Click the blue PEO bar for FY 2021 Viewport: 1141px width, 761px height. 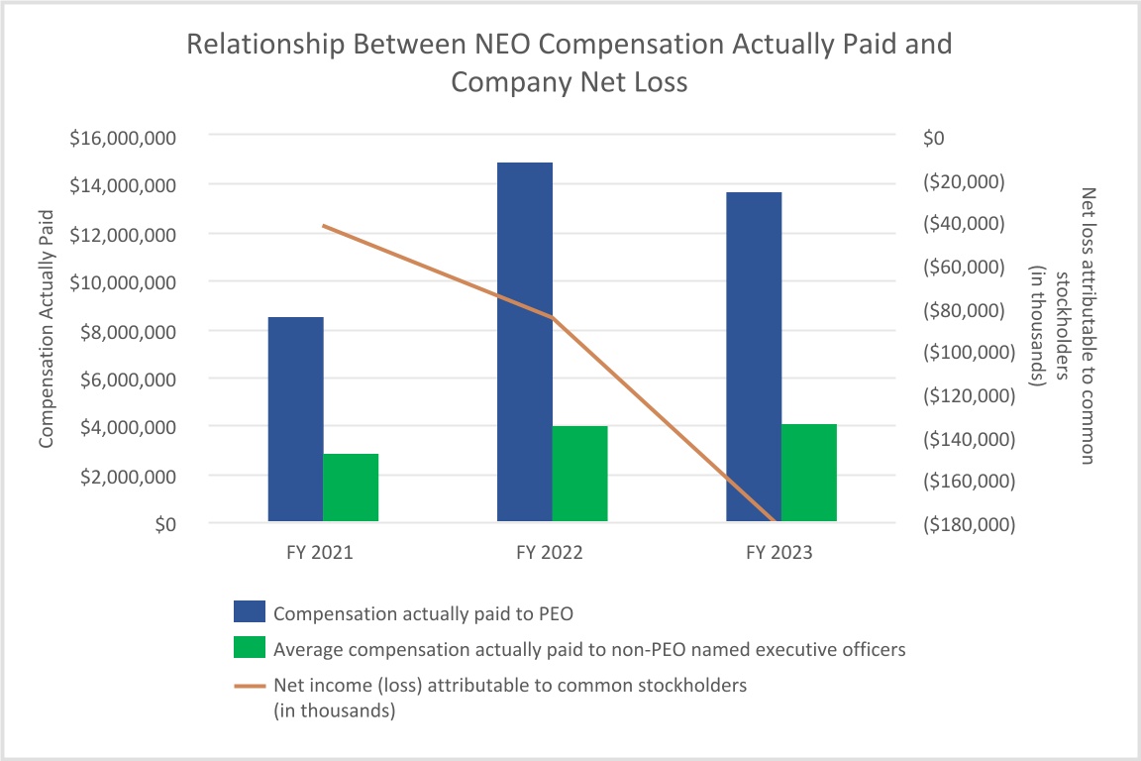295,419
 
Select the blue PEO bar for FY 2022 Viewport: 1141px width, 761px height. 524,342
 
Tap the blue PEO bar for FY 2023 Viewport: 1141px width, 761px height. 754,357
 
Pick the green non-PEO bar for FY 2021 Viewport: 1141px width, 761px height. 351,488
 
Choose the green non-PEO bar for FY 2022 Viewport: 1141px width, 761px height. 579,474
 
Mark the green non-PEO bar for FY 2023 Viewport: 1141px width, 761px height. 809,473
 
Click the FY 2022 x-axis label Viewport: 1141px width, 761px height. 550,553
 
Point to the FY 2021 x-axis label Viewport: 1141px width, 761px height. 320,553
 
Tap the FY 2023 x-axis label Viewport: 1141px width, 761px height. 778,553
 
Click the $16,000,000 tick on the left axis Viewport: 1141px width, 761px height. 123,138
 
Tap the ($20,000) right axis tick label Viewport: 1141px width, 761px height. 968,181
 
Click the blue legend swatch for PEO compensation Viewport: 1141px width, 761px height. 250,612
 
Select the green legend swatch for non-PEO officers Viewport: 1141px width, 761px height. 250,649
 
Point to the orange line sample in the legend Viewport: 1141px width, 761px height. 250,685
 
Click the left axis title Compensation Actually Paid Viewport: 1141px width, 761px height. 46,329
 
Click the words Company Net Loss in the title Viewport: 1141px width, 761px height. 569,82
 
